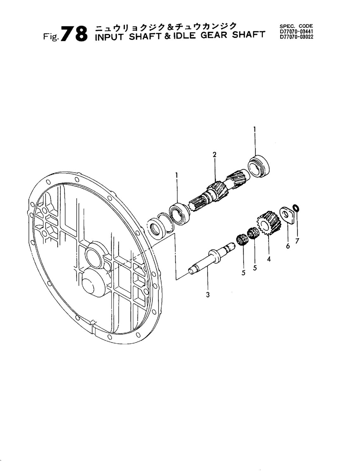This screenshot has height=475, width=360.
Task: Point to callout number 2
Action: (214, 155)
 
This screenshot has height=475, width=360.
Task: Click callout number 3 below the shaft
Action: (208, 295)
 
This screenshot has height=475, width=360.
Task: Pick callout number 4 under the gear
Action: (269, 259)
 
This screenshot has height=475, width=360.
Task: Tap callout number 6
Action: (288, 246)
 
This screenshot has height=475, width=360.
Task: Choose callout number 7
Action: (297, 241)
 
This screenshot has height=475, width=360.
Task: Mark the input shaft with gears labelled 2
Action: (218, 190)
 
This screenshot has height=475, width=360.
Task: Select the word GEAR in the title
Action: (214, 35)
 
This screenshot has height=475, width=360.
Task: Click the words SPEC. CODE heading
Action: (296, 26)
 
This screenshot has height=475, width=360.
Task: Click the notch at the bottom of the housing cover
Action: (93, 324)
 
